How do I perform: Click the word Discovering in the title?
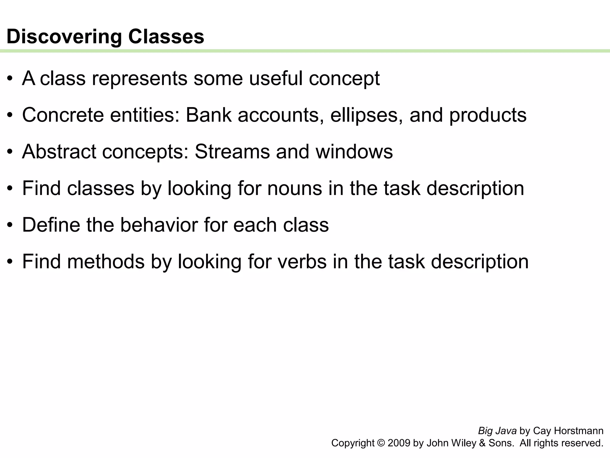pos(64,37)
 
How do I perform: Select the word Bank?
pos(208,115)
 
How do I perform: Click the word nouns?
pos(295,188)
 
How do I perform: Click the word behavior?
pos(159,225)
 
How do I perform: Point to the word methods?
pos(106,262)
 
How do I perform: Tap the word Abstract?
pos(59,152)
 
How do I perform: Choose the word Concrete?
pos(63,115)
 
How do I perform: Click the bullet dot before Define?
pos(10,225)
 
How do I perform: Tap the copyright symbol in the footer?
pos(381,443)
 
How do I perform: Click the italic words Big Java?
pos(497,431)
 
